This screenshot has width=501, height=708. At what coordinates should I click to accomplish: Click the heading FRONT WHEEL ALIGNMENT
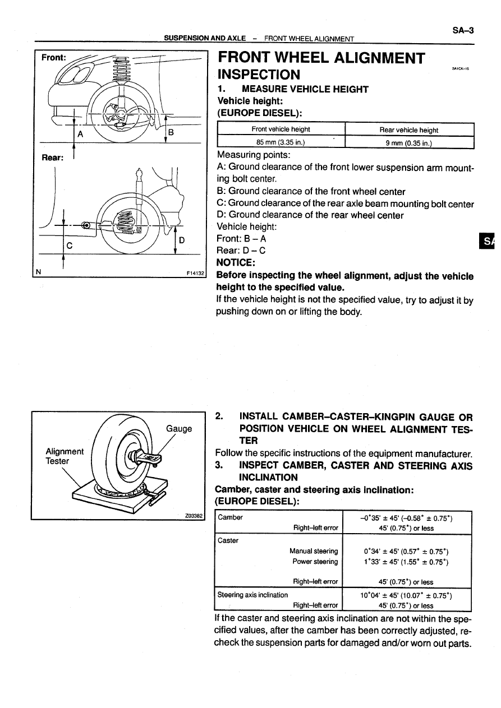[321, 58]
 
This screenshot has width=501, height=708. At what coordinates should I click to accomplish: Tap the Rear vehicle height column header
[409, 130]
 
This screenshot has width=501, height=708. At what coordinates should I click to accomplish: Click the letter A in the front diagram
[80, 134]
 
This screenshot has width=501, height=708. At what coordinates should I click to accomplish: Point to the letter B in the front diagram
[172, 132]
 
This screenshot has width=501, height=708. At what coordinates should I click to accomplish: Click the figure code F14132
[196, 274]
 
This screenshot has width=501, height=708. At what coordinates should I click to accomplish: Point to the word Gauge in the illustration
[179, 429]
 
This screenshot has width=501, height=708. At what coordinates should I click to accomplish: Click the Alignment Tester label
[65, 456]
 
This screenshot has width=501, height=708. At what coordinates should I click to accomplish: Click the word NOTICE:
[236, 262]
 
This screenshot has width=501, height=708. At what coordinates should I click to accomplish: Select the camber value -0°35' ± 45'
[406, 517]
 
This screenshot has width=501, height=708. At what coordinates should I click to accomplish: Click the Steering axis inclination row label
[252, 595]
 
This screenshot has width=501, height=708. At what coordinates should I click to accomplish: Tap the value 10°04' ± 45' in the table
[406, 595]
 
